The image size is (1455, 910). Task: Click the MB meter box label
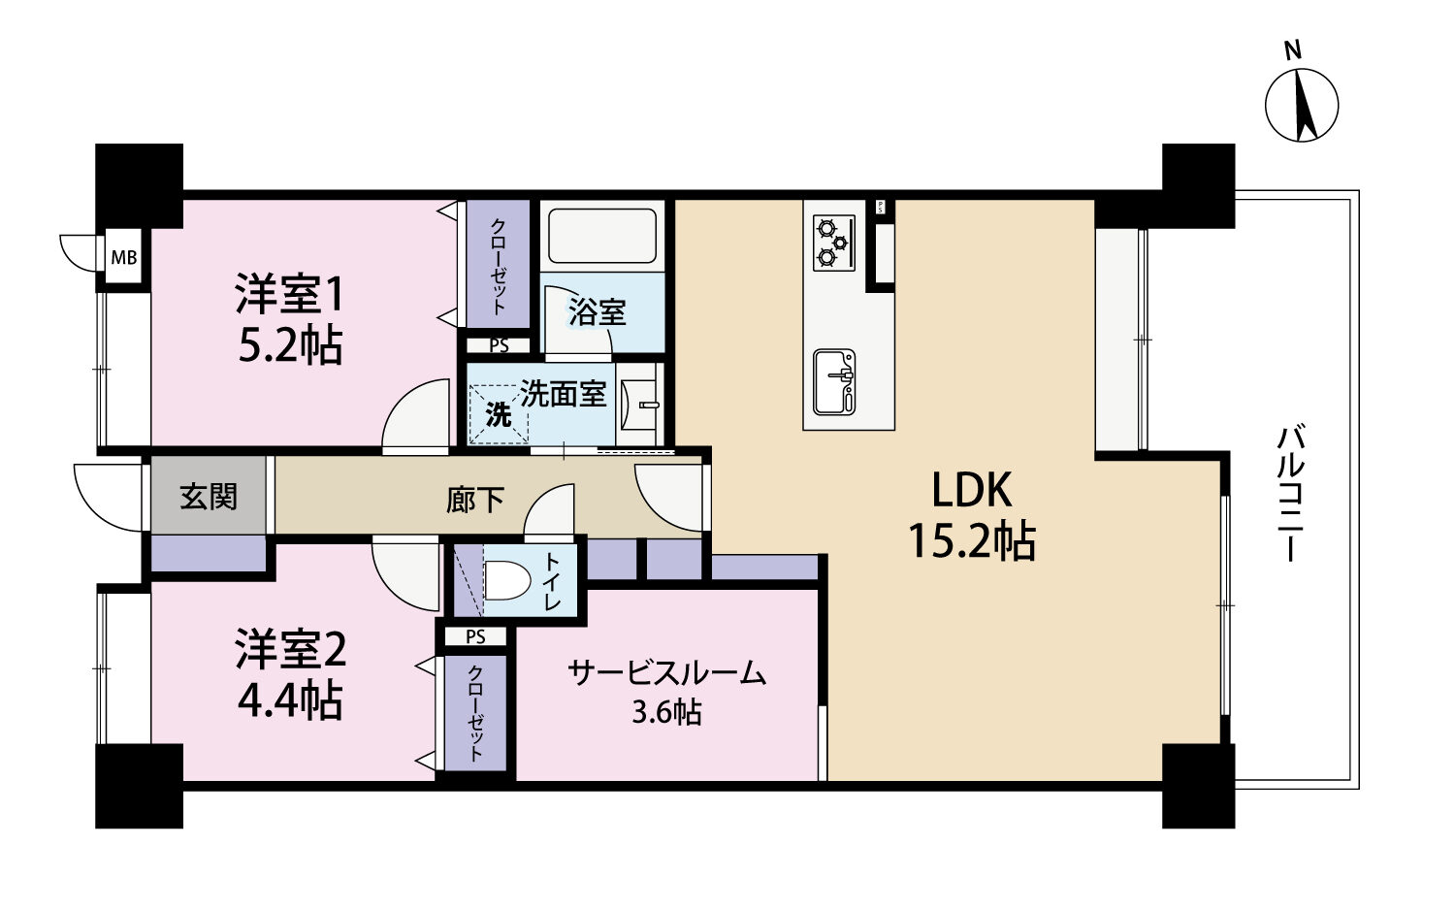124,258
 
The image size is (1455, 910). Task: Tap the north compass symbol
1302,104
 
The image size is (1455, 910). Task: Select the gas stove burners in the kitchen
833,243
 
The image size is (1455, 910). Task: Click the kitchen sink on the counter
834,382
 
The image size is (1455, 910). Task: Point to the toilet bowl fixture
507,580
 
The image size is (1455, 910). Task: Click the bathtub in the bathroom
602,235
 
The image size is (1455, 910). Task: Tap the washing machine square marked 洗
499,413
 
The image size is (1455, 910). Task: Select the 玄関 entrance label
209,497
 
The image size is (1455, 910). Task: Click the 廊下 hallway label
475,501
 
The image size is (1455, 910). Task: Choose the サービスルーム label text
667,673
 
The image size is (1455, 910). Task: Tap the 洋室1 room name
289,294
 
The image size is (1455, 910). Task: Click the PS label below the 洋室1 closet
499,346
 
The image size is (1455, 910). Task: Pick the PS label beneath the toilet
475,637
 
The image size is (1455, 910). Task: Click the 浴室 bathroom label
597,311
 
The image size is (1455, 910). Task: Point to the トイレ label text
552,581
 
